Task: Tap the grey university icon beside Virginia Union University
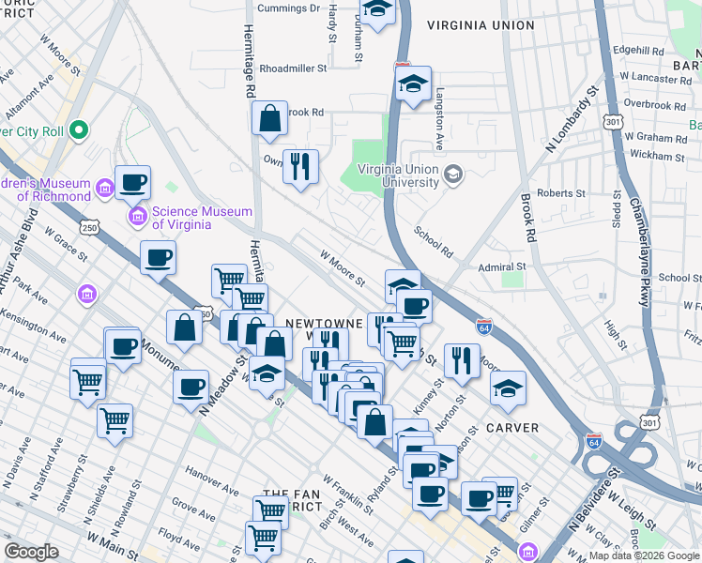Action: coord(453,175)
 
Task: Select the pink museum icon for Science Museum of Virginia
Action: coord(138,218)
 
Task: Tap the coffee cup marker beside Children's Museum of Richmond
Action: coord(132,182)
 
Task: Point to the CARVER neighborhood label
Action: coord(512,428)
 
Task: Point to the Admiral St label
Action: coord(501,266)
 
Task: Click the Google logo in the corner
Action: coord(32,552)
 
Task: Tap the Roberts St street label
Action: coord(561,193)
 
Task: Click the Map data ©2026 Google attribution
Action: coord(644,555)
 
